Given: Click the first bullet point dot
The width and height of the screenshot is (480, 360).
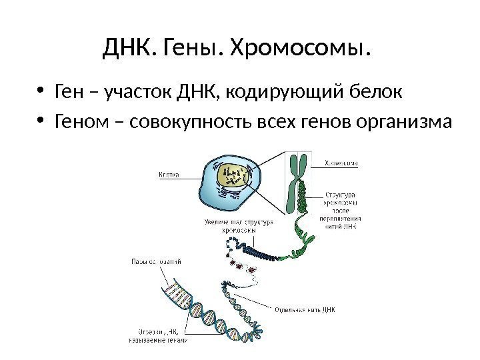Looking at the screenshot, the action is [x=41, y=92].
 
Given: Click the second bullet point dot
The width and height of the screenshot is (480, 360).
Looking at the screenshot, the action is [x=41, y=123].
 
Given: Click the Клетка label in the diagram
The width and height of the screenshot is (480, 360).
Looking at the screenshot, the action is [x=171, y=176].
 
